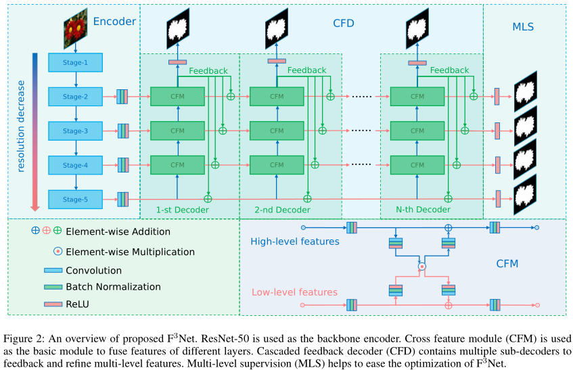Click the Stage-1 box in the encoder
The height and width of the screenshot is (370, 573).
[75, 63]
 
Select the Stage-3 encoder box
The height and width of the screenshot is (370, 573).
[75, 131]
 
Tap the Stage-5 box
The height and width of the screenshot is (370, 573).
[75, 200]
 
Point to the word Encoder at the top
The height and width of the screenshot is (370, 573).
[114, 22]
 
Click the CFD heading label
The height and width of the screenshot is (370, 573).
[344, 24]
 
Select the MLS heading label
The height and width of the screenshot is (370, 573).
[522, 27]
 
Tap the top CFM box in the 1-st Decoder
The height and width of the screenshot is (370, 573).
[177, 97]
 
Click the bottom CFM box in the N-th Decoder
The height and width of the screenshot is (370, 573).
[417, 164]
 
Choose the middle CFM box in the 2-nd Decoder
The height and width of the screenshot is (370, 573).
[277, 131]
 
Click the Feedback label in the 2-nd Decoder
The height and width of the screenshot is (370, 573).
[308, 70]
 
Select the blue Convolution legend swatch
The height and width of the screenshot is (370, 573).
[53, 271]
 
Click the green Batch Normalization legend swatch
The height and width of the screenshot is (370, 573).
[53, 287]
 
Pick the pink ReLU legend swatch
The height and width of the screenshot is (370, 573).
[53, 304]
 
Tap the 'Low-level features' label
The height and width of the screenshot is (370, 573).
[294, 292]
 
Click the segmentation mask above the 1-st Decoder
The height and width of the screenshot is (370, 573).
[177, 29]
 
